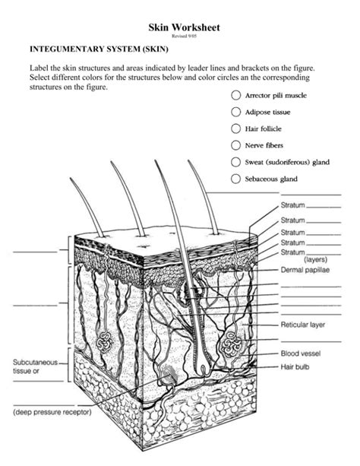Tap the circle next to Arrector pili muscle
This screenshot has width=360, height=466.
click(x=235, y=97)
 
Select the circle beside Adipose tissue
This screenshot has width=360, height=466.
click(x=235, y=113)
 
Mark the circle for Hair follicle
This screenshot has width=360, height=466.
click(x=235, y=129)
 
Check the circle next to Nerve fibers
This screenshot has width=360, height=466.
click(x=235, y=145)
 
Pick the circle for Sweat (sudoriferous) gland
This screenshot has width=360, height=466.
click(x=235, y=162)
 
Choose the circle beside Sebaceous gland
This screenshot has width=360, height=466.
click(x=235, y=179)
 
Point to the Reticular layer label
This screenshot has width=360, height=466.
click(x=302, y=325)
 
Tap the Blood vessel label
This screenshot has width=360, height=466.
click(x=301, y=353)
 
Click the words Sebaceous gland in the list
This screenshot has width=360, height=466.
click(x=270, y=179)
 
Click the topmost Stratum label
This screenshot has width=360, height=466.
click(x=292, y=205)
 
